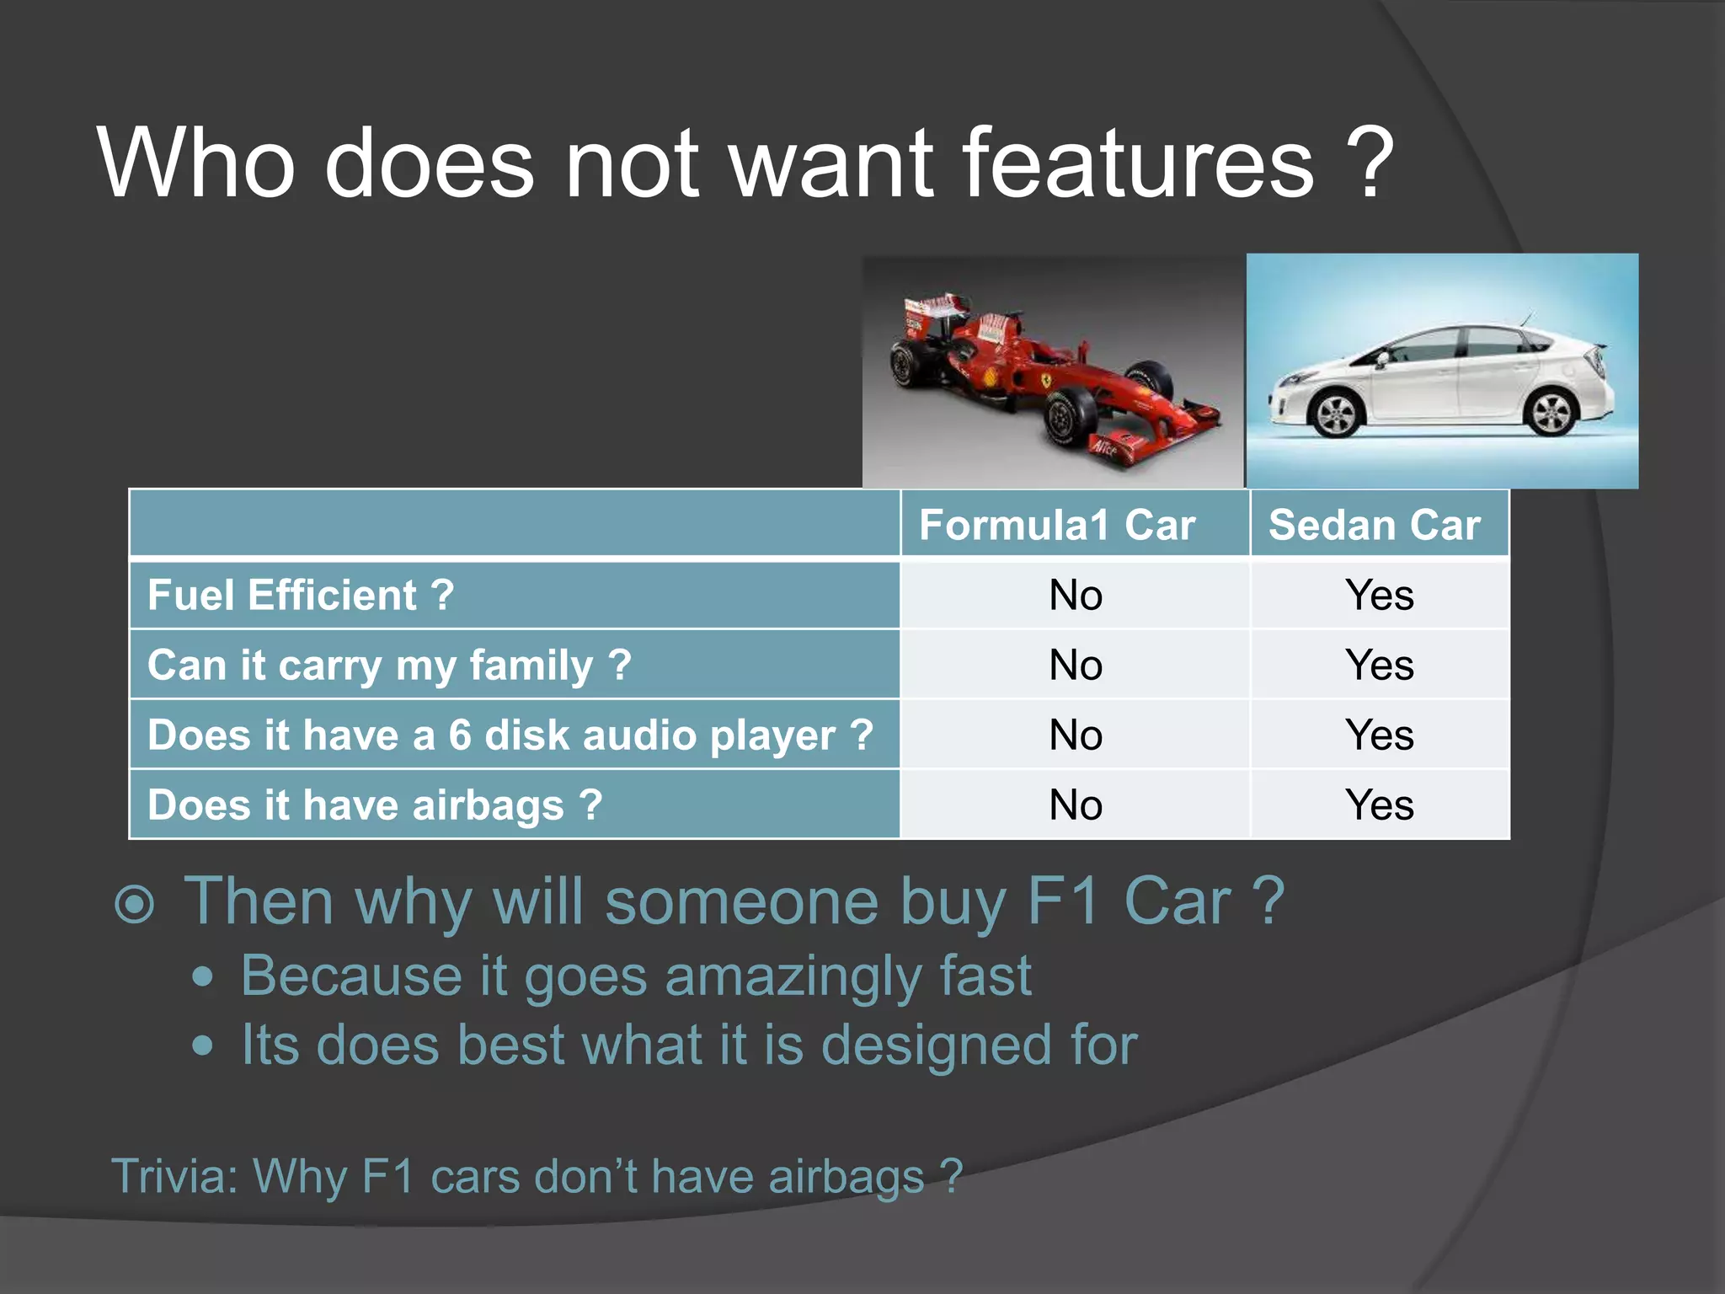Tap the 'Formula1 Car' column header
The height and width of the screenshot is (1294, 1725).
coord(1057,525)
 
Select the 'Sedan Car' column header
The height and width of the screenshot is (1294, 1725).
coord(1374,525)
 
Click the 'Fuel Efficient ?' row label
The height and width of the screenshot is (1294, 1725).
coord(301,595)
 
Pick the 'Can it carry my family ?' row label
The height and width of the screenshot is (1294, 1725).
coord(389,665)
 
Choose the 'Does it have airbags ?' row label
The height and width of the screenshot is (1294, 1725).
coord(375,805)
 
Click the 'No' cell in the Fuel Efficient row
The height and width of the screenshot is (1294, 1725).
coord(1075,595)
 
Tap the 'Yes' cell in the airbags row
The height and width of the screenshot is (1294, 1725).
coord(1379,805)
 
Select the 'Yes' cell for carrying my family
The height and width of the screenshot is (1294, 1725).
coord(1379,665)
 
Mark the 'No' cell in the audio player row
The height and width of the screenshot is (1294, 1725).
coord(1075,735)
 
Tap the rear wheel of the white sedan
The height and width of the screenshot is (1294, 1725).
coord(1551,412)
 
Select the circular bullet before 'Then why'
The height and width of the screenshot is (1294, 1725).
coord(135,905)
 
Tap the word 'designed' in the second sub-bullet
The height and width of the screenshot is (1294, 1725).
coord(936,1045)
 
